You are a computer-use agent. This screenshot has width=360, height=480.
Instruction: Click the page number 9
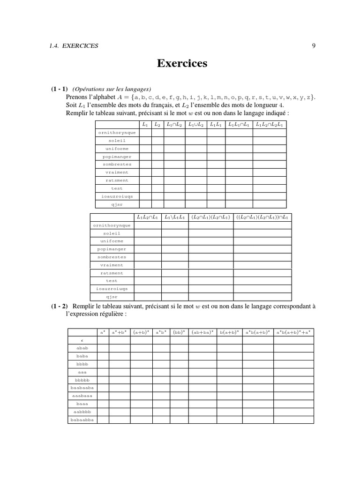click(x=313, y=45)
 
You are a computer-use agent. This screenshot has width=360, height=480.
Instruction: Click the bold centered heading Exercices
click(x=182, y=63)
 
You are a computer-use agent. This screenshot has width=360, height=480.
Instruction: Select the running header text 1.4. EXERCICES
click(x=74, y=45)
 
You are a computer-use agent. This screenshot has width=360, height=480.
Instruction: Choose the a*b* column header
click(x=161, y=332)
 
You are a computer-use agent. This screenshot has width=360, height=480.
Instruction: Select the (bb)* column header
click(x=179, y=332)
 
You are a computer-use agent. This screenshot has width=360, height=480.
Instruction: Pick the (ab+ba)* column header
click(x=202, y=332)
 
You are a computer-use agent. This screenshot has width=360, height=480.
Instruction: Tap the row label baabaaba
click(x=82, y=388)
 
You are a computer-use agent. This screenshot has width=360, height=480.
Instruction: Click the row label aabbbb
click(x=82, y=412)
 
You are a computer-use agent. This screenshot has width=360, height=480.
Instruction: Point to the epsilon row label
click(x=82, y=340)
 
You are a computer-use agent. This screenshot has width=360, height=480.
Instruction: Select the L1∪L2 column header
click(x=196, y=125)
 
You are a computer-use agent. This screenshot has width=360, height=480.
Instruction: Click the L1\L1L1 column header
click(x=175, y=217)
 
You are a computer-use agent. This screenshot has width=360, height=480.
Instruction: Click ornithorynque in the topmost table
click(x=117, y=133)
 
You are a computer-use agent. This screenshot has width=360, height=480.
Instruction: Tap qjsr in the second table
click(x=112, y=297)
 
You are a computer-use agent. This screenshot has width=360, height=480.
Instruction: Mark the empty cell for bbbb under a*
click(x=103, y=364)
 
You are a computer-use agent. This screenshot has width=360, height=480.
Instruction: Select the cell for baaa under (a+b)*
click(x=142, y=404)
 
